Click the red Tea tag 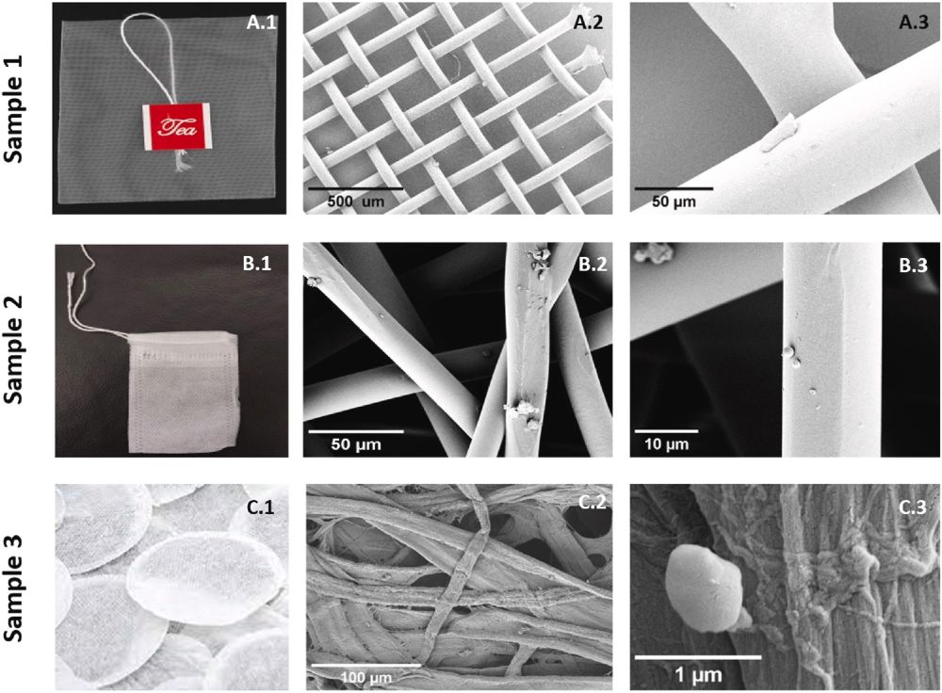click(177, 126)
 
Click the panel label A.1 click(262, 23)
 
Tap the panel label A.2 click(588, 23)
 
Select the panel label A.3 click(914, 23)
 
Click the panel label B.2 click(593, 265)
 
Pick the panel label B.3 click(913, 265)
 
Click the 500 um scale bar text click(356, 201)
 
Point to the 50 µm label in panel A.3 click(674, 201)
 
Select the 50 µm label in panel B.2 click(356, 444)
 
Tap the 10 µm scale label click(666, 444)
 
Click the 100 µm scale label click(365, 678)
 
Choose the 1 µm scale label click(698, 675)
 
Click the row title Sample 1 click(14, 108)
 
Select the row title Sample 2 click(14, 349)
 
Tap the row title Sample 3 click(14, 588)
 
